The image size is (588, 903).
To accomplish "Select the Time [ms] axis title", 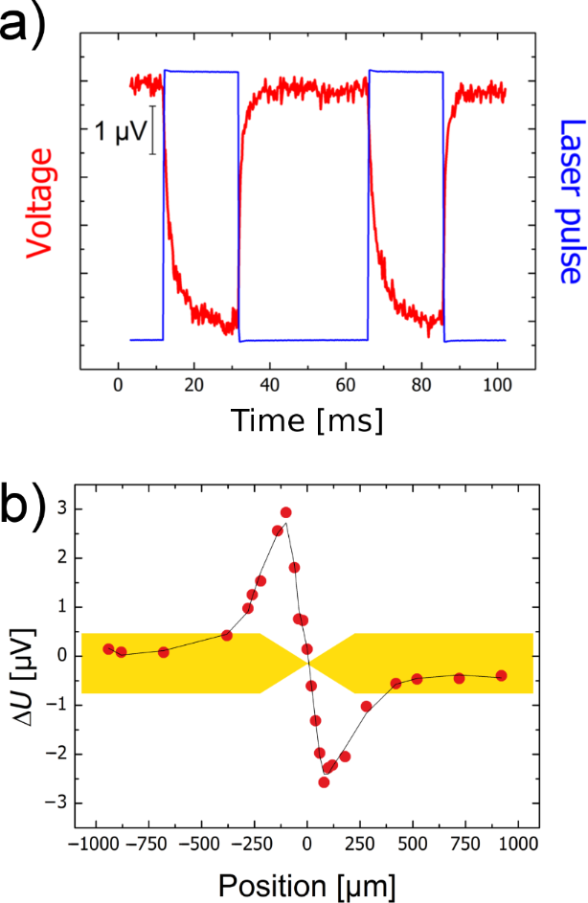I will [305, 418].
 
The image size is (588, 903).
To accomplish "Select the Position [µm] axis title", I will [306, 880].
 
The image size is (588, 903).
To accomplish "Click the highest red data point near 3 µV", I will [285, 512].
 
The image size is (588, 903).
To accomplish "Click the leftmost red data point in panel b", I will [108, 648].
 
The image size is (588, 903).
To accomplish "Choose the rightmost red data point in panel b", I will [501, 675].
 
